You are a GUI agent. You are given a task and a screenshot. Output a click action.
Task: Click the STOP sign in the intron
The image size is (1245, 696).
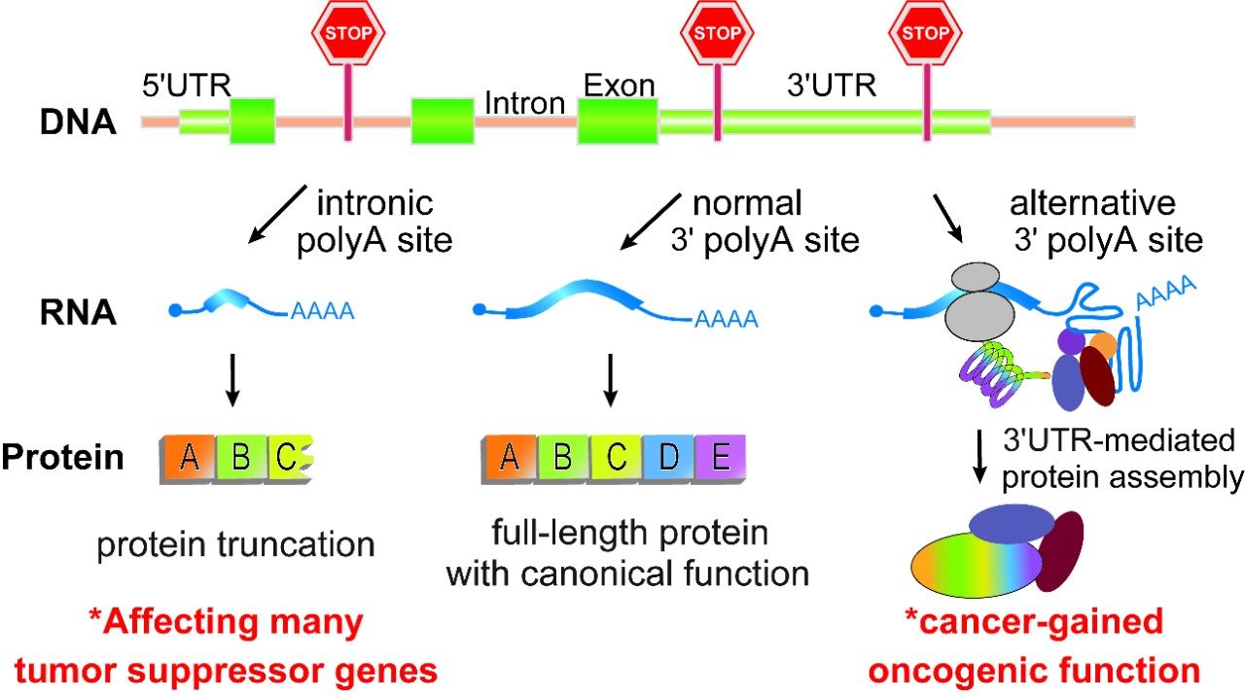(348, 33)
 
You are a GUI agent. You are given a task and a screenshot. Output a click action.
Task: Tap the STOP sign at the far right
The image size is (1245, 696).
(926, 33)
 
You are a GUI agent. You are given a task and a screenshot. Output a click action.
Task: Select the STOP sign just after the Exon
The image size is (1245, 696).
(718, 33)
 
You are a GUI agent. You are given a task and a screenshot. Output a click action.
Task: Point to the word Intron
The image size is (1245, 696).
(524, 103)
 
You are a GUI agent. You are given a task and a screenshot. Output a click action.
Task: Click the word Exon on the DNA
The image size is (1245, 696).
(619, 86)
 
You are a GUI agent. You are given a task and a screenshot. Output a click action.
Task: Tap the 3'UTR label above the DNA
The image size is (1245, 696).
(832, 86)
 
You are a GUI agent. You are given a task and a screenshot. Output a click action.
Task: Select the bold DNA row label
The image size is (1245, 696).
(79, 123)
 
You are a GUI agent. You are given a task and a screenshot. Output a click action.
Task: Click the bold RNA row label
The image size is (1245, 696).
(78, 313)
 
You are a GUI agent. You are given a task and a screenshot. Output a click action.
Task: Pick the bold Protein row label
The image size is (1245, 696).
(63, 457)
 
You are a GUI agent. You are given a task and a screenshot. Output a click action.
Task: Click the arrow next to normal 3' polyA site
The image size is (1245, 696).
(651, 220)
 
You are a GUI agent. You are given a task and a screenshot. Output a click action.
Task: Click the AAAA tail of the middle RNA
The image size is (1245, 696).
(726, 319)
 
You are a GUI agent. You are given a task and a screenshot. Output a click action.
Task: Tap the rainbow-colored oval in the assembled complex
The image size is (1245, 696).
(973, 564)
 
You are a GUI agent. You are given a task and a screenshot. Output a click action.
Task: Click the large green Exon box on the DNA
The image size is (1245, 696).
(618, 122)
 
